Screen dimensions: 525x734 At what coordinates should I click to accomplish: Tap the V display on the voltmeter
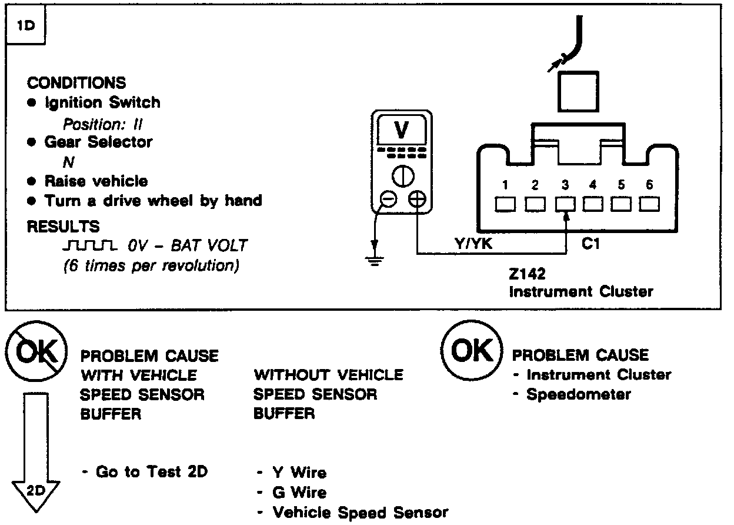coord(402,130)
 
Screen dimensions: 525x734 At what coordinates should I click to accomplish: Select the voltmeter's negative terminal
coord(388,200)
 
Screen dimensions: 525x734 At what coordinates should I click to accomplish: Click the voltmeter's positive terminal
coord(416,200)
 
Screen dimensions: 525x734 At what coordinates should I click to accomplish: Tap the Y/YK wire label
coord(473,244)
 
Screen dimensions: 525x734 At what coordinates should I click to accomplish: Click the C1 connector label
coord(590,244)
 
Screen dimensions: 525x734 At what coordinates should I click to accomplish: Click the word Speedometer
coord(578,394)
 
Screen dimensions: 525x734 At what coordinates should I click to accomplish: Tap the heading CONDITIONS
coord(76,82)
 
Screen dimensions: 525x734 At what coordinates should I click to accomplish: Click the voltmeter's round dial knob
coord(402,176)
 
